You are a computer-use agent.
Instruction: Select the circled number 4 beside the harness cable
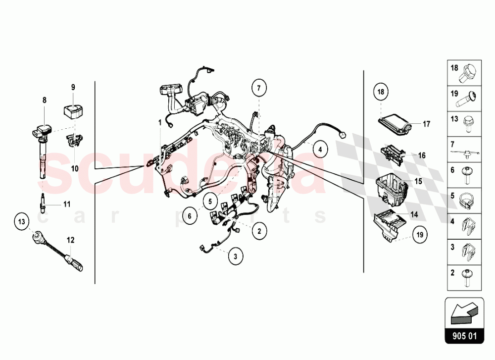[x=320, y=149]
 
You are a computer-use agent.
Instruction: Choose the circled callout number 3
[x=236, y=256]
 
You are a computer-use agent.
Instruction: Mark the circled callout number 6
[x=189, y=215]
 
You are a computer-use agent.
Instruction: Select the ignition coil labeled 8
[x=42, y=149]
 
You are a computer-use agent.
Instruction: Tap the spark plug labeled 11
[x=44, y=203]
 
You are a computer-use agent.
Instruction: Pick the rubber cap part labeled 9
[x=72, y=111]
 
